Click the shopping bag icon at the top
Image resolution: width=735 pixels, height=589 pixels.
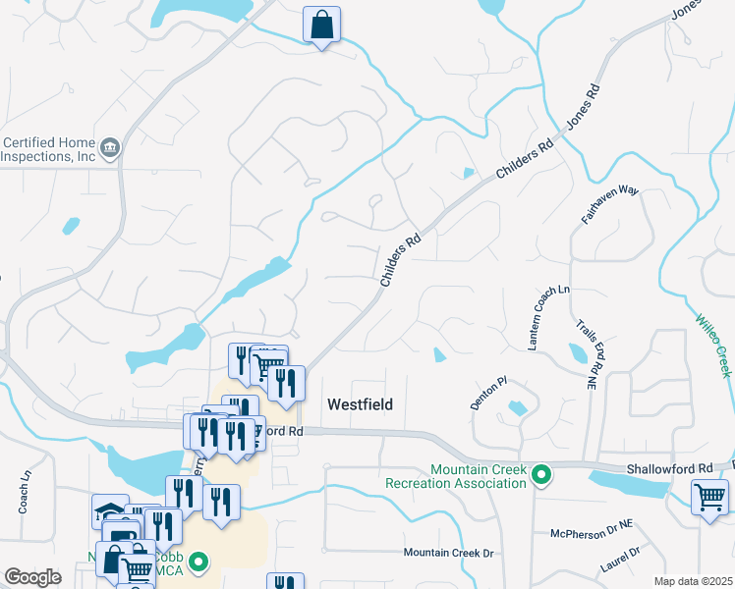click(321, 27)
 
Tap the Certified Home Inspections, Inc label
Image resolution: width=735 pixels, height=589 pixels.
click(48, 149)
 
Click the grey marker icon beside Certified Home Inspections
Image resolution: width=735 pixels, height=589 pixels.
click(110, 148)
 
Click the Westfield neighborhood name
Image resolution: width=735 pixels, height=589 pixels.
click(360, 404)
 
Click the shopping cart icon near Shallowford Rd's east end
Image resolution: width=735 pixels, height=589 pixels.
click(709, 496)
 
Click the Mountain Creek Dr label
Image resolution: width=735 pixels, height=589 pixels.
click(447, 554)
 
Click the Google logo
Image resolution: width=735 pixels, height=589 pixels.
click(32, 577)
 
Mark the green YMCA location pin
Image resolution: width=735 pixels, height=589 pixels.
click(198, 563)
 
